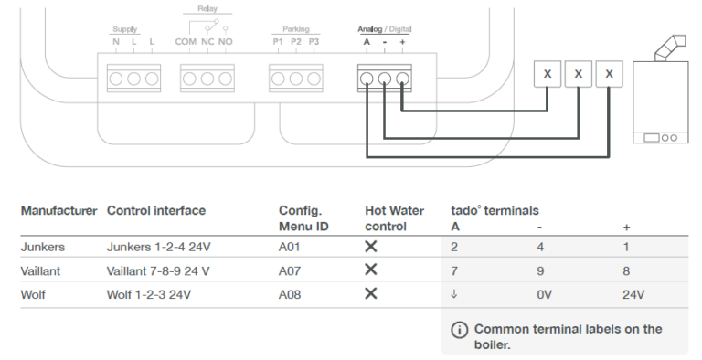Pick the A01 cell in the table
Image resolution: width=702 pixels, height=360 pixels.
[290, 247]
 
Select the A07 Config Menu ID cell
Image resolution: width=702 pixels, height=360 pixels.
[290, 271]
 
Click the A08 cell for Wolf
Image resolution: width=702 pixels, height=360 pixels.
[290, 295]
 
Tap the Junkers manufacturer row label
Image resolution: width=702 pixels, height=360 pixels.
[40, 247]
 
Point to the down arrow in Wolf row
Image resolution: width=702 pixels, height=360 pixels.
[454, 295]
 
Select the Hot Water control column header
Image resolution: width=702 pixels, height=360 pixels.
[393, 217]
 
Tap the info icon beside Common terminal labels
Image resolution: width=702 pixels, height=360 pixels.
[459, 329]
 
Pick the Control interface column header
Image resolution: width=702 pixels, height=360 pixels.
[156, 210]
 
